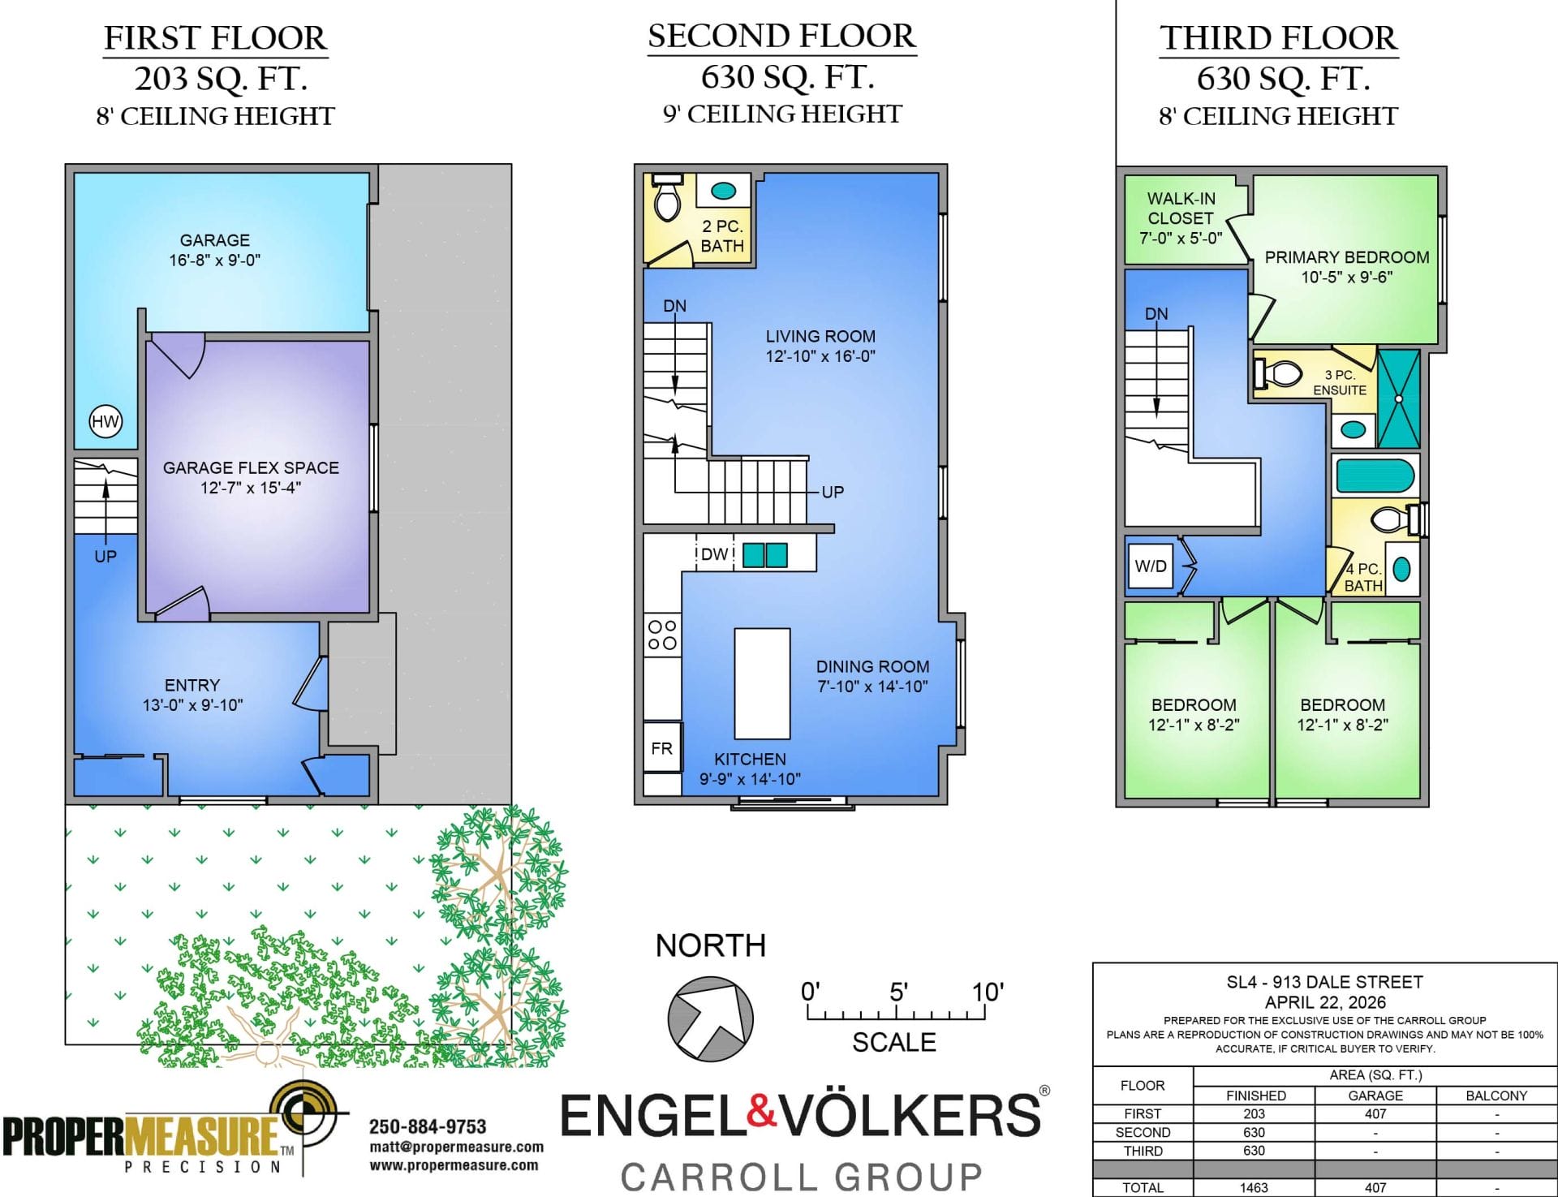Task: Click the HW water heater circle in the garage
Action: point(105,421)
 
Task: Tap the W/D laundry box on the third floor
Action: point(1151,566)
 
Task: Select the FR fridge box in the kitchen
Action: point(662,747)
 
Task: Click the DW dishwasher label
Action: point(714,554)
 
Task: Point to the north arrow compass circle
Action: point(711,1018)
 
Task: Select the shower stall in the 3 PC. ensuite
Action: point(1399,398)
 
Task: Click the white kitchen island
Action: point(762,683)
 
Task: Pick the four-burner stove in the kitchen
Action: point(662,635)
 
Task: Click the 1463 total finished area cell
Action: point(1254,1187)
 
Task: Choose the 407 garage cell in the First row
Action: point(1375,1113)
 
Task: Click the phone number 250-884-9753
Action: point(428,1126)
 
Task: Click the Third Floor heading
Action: point(1278,38)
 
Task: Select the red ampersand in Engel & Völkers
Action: point(761,1112)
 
